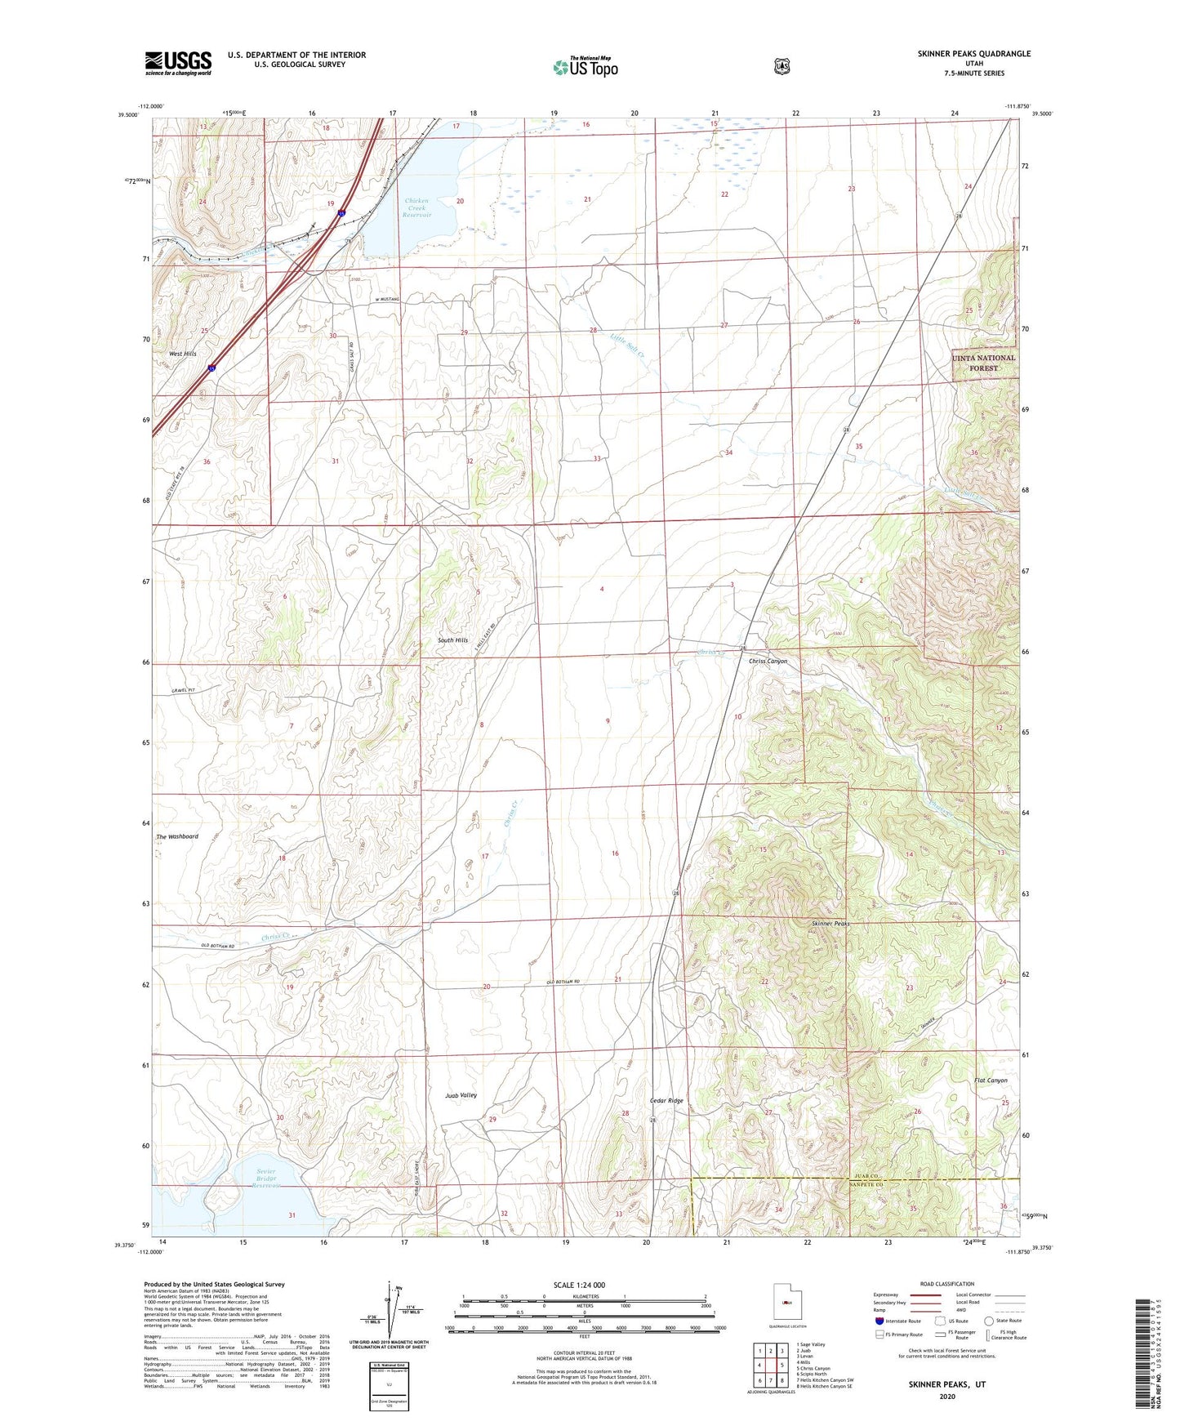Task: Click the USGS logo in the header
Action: click(178, 63)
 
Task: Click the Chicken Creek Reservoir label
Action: click(416, 207)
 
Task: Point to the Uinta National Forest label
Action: click(983, 363)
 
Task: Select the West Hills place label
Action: click(182, 354)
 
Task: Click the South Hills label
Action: click(452, 640)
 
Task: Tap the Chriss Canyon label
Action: click(768, 662)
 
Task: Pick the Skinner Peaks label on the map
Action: click(830, 924)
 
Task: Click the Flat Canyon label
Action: click(991, 1081)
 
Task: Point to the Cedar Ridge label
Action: click(666, 1101)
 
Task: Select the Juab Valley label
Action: click(461, 1095)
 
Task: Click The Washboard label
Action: click(177, 836)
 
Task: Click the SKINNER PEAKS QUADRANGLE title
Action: click(973, 54)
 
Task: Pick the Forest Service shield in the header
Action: click(781, 66)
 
